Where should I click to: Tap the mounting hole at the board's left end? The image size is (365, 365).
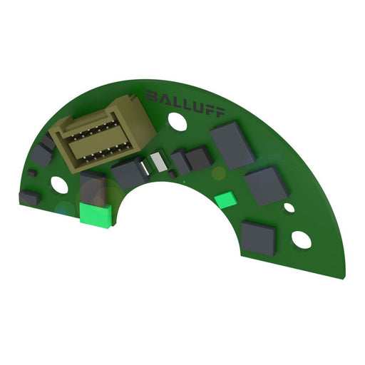click(59, 185)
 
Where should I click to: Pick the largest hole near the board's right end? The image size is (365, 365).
click(302, 240)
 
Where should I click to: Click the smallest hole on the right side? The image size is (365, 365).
click(289, 208)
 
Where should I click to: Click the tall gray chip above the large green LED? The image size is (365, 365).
click(92, 187)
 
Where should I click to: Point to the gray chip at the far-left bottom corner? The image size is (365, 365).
click(29, 197)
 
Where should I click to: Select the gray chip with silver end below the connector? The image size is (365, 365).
click(132, 172)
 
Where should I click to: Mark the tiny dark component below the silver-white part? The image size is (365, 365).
click(173, 174)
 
